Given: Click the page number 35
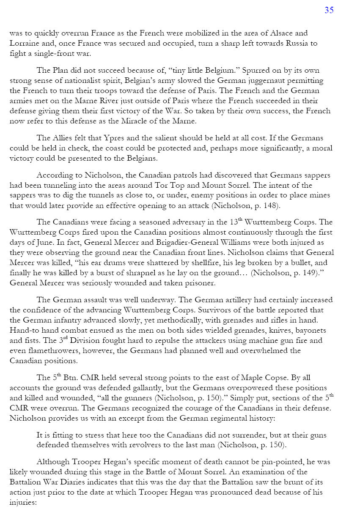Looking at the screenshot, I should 329,11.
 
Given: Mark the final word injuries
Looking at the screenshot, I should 23,503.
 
